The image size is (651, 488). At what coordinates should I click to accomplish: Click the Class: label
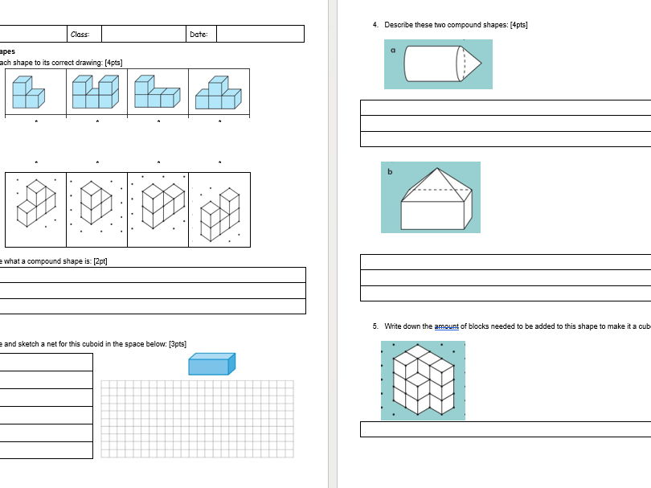coord(80,34)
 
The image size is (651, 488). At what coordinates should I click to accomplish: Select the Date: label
coord(199,34)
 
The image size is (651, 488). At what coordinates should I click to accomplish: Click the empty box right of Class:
coord(144,34)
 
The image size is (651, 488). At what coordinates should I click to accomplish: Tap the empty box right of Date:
coord(260,34)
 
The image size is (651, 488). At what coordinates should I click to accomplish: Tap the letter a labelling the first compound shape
coord(393,50)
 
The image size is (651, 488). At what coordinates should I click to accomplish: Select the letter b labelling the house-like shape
coord(391,172)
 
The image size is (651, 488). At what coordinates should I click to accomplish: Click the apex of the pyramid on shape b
coord(437,170)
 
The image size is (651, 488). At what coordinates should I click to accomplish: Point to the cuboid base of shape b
coord(434,215)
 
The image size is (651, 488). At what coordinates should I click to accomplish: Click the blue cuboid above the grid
coord(211,364)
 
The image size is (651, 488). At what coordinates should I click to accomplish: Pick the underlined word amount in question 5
coord(446,326)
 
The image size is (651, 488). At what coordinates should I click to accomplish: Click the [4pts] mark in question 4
coord(518,25)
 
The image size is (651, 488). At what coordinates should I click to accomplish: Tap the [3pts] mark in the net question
coord(178,344)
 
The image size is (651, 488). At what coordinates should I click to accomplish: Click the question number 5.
coord(375,326)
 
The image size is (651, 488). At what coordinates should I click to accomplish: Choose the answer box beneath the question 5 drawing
coord(505,429)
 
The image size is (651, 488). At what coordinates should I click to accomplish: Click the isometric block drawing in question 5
coord(423,379)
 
